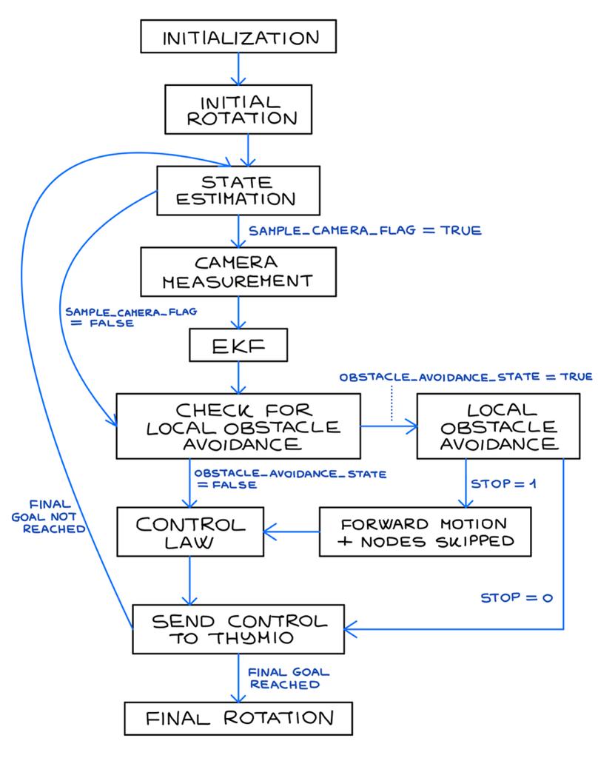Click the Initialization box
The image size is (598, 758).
coord(238,37)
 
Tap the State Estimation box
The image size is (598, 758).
coord(238,190)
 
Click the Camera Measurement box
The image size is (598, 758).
coord(238,272)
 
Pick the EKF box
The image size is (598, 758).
coord(238,345)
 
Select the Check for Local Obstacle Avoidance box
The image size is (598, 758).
coord(238,426)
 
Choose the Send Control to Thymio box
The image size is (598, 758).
coord(238,629)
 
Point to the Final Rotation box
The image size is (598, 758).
coord(238,717)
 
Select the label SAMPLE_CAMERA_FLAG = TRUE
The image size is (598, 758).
coord(366,231)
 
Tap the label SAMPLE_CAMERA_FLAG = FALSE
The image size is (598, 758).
coord(130,317)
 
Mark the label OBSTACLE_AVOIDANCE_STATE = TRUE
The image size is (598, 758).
coord(466,377)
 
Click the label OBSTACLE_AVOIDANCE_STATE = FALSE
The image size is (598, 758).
coord(289,478)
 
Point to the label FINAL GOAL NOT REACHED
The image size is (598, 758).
coord(47,516)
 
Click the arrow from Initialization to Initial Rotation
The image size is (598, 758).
coord(238,68)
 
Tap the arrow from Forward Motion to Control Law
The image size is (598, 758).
coord(292,530)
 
